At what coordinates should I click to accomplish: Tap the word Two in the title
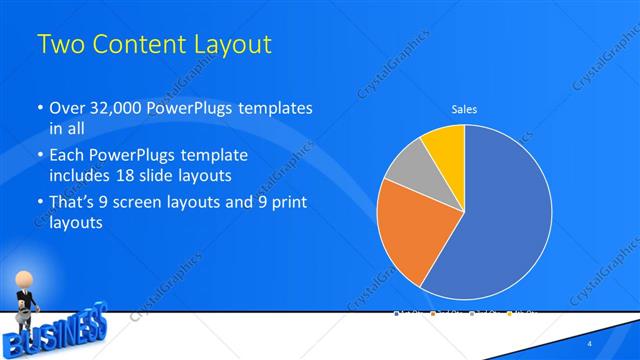pos(59,45)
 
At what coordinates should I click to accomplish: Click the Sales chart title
pos(464,108)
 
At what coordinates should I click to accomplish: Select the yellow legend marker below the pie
pos(509,314)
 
